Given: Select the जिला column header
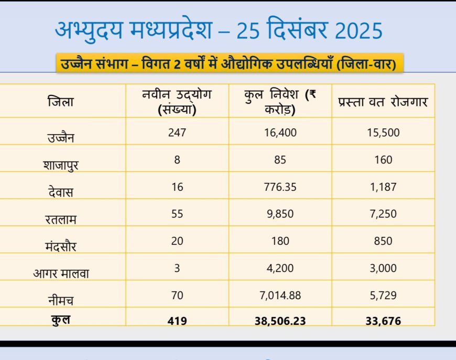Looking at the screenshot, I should pos(61,101).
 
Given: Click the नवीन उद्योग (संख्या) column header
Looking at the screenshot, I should pos(177,102).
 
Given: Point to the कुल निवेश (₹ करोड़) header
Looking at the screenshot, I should pos(280,102).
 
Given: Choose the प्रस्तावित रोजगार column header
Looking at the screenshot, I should pos(383,102).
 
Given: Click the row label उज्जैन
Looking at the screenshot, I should pos(61,138).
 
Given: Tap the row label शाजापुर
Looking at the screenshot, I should pos(61,165).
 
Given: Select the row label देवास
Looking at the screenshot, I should pos(61,192).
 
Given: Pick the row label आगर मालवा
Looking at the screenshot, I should pos(61,272).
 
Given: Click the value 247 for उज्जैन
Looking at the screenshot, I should pos(177,133).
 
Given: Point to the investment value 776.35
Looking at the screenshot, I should pos(280,187).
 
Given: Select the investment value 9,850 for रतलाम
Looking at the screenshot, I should pos(280,214).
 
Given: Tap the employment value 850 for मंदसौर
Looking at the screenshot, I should pos(383,241).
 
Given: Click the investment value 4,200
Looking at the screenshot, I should pos(280,268).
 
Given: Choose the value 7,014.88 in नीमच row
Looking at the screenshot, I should pos(280,296).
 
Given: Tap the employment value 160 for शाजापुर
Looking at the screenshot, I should pos(383,159).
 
